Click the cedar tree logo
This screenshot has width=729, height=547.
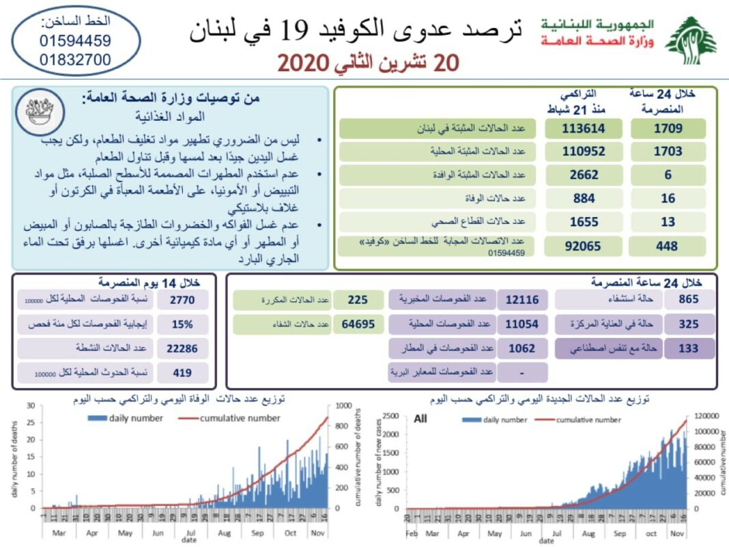tap(691, 41)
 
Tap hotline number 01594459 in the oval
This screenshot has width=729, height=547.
tap(75, 41)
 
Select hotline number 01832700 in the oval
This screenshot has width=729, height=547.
tap(75, 60)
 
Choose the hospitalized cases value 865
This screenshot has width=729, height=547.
tap(688, 300)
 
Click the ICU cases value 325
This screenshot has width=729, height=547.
tap(688, 324)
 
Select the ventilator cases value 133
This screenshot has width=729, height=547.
tap(688, 349)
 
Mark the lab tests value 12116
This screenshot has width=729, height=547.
tap(522, 300)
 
